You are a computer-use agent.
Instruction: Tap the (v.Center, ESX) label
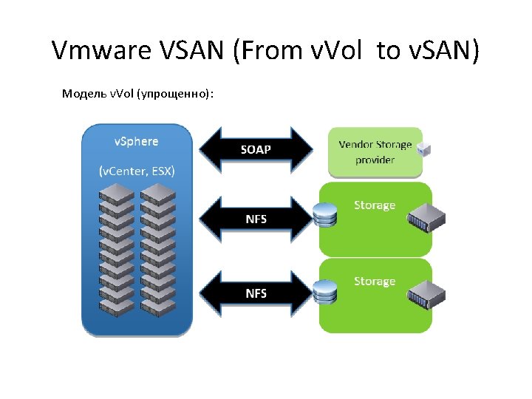pos(137,171)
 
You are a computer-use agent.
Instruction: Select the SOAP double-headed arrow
pos(256,149)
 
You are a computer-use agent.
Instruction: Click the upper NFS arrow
pos(256,219)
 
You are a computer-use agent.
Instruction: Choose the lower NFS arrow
pos(256,293)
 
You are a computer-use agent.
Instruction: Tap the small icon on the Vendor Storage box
pos(424,149)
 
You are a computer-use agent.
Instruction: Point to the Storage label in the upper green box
pos(375,205)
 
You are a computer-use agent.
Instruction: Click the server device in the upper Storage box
pos(426,218)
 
